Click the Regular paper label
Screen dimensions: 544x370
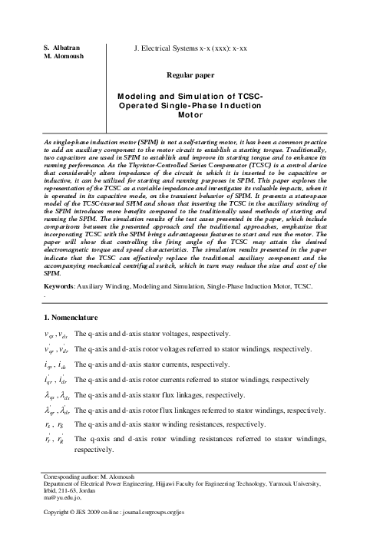190,74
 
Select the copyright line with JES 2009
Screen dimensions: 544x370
114,532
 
